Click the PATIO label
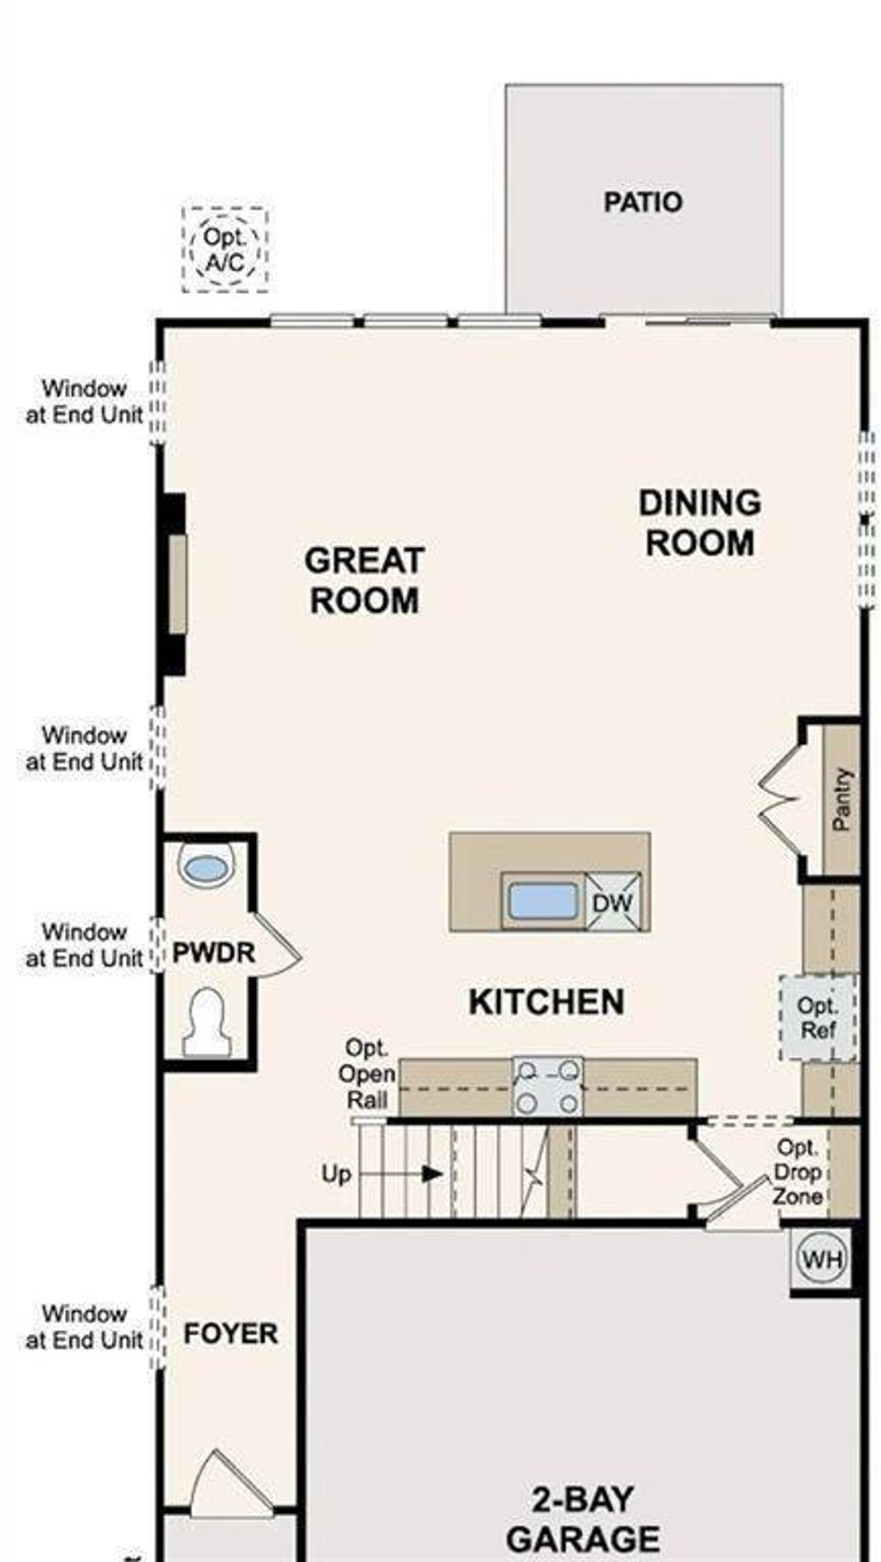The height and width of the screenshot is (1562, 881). [x=643, y=202]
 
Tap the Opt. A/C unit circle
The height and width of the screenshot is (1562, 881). [x=225, y=250]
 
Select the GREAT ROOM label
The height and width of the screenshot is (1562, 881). [x=364, y=580]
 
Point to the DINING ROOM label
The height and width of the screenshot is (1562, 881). [x=699, y=522]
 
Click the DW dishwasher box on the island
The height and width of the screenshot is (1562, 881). [x=613, y=902]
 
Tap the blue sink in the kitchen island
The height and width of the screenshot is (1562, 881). [x=543, y=901]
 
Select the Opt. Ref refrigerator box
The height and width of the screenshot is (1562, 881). [x=818, y=1018]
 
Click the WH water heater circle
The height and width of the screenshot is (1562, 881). [x=822, y=1259]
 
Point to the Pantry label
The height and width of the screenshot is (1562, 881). [x=842, y=799]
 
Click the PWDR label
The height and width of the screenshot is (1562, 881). [x=213, y=953]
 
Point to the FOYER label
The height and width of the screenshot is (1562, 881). [x=231, y=1334]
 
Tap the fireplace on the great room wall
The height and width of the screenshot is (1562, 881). [x=176, y=584]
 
